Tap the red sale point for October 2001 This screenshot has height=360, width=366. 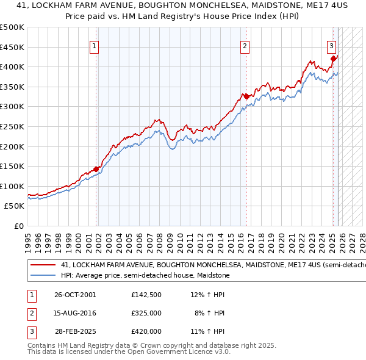pos(96,170)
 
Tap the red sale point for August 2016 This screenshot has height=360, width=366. pos(246,96)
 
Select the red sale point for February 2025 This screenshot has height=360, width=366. pos(333,59)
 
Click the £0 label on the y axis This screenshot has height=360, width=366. pos(18,226)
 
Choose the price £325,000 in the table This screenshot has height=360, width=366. pos(146,313)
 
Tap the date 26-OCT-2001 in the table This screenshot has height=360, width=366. pos(75,295)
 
